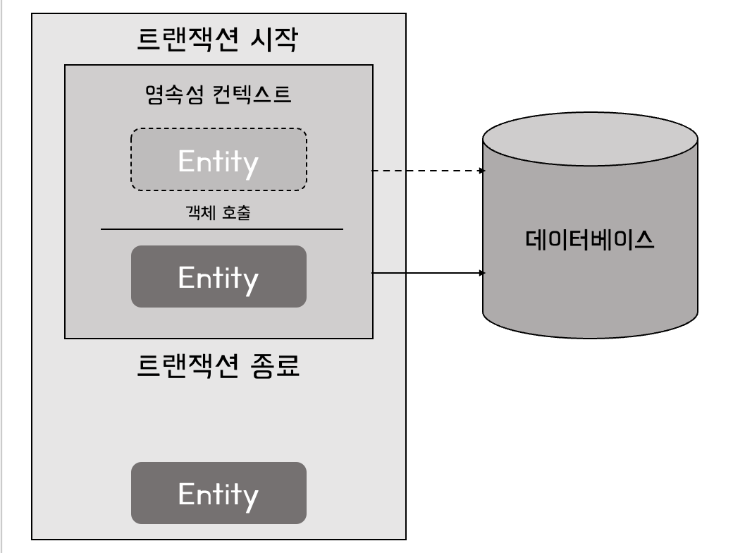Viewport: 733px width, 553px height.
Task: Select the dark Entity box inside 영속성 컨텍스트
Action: [218, 276]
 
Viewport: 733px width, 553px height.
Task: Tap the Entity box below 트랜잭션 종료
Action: [218, 493]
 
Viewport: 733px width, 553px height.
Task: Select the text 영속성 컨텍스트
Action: [218, 95]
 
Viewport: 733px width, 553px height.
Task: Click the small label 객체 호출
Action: [218, 214]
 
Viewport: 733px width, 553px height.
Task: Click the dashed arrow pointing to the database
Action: [427, 171]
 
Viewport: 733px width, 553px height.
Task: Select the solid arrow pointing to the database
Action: [427, 272]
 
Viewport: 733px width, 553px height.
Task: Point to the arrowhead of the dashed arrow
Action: [482, 171]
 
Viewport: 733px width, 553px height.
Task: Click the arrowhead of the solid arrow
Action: [482, 272]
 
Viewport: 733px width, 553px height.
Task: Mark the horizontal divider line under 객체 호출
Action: [222, 229]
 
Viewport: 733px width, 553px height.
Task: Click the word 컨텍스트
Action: [252, 95]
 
